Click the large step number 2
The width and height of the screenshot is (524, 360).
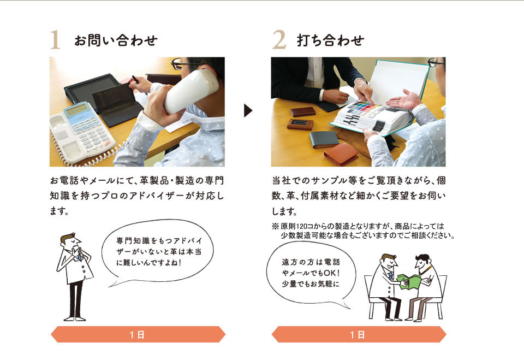(279, 39)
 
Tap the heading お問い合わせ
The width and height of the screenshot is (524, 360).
(116, 40)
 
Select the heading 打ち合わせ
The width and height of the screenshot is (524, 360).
(330, 40)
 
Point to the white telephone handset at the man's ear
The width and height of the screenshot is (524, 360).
(190, 91)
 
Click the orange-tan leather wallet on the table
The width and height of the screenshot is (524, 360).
(341, 154)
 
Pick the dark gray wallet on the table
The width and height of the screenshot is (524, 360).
(324, 139)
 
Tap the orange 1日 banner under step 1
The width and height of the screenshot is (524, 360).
(138, 334)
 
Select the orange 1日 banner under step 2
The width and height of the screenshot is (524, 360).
(359, 334)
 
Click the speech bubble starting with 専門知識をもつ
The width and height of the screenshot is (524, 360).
(158, 252)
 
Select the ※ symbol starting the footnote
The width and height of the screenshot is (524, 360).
(275, 227)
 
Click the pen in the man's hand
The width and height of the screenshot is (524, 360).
(135, 80)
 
